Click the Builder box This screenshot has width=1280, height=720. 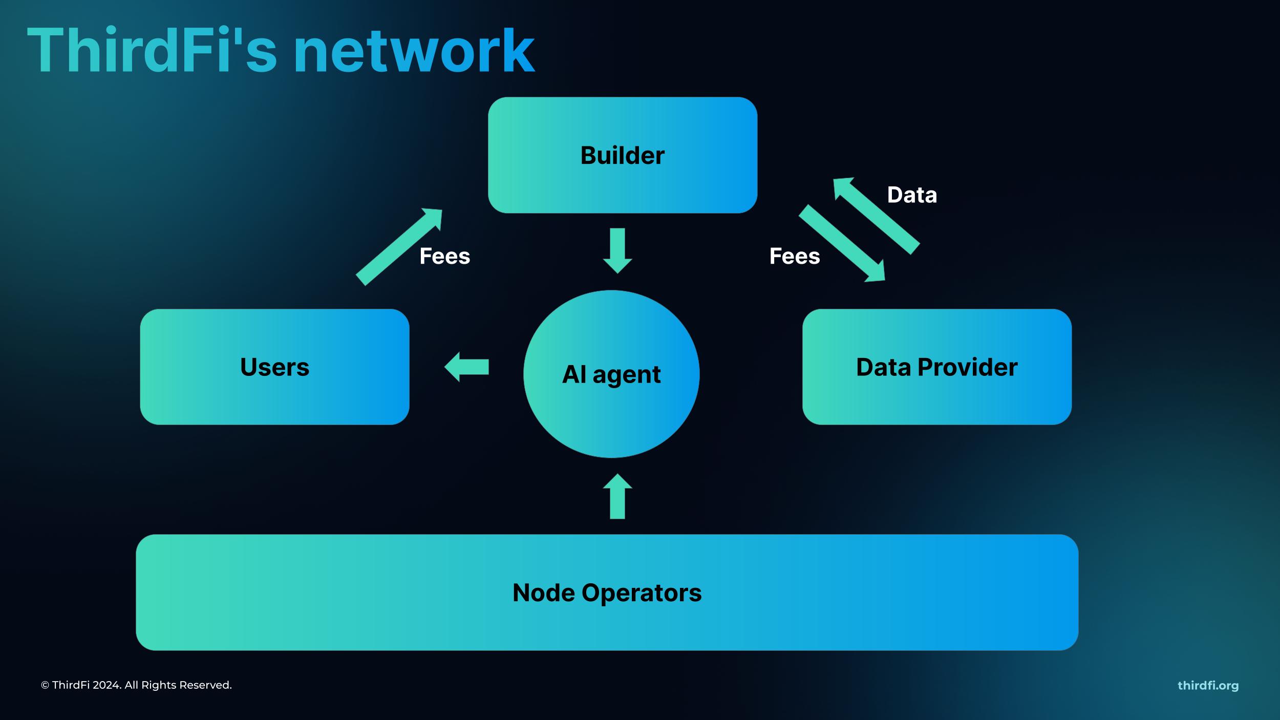point(622,155)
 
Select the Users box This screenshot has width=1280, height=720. point(274,367)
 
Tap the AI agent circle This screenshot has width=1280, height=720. point(611,374)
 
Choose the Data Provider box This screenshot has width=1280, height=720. point(936,367)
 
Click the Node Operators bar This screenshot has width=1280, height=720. point(607,592)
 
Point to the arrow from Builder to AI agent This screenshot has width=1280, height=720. point(617,250)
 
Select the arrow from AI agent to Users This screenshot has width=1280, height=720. point(466,367)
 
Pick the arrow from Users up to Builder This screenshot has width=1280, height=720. point(399,247)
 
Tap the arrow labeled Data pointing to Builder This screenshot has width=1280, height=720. point(876,215)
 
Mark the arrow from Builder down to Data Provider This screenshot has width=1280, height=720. point(842,243)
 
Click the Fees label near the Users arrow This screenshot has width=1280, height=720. point(444,256)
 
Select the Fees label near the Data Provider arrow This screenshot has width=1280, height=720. point(795,256)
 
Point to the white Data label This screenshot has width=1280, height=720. point(912,195)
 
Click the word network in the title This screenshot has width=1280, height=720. point(414,51)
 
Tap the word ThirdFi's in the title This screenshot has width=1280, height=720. point(152,51)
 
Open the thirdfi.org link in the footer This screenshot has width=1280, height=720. point(1208,685)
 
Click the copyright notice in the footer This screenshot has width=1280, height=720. point(136,685)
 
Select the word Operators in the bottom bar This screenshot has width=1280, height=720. point(642,593)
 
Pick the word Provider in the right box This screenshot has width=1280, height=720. point(967,367)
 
